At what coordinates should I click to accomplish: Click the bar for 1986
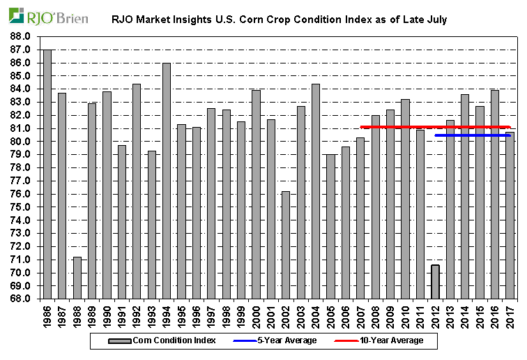[47, 174]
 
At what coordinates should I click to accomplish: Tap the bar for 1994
[167, 181]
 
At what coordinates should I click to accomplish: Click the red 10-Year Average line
[390, 127]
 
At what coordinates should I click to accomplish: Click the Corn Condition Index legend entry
[160, 340]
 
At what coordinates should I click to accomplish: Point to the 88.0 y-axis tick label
[20, 36]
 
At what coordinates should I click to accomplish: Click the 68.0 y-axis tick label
[20, 299]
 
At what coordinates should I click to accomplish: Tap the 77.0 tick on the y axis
[20, 181]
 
